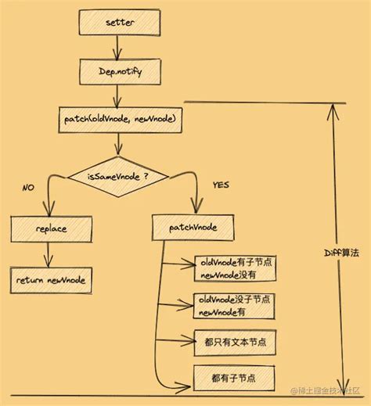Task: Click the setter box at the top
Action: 117,23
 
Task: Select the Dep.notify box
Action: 117,72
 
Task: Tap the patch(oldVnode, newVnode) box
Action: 117,119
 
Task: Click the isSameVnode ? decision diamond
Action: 117,176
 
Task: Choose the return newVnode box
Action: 52,278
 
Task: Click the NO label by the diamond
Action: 28,188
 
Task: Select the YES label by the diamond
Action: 220,185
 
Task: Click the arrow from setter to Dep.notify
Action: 117,47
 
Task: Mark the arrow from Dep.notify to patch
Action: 117,95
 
